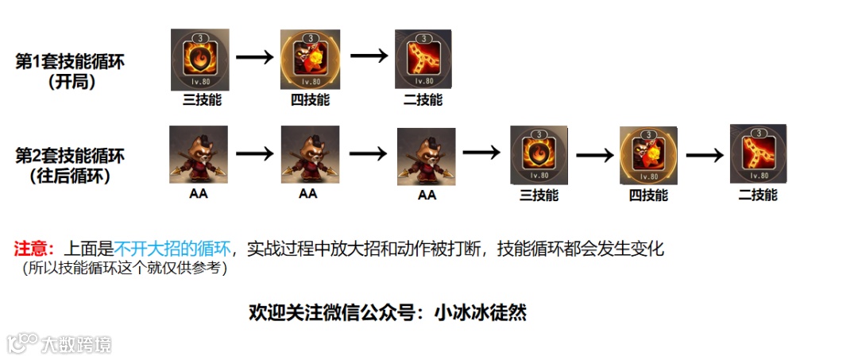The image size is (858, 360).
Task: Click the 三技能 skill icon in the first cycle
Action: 200,60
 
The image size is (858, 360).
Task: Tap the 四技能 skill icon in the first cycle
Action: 311,59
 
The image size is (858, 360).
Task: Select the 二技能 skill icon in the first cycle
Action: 423,60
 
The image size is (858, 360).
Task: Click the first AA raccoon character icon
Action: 199,155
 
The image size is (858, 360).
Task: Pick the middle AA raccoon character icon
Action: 311,155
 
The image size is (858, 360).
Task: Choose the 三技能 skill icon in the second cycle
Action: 538,153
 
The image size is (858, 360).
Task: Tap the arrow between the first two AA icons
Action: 254,154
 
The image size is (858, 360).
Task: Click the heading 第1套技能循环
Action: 71,61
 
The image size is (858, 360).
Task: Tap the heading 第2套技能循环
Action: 71,156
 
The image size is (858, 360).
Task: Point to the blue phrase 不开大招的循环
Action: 173,249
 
